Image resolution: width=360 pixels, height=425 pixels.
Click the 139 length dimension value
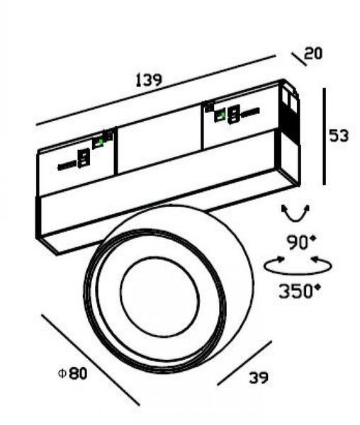coord(149,80)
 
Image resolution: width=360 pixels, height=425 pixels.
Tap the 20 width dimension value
coord(313,53)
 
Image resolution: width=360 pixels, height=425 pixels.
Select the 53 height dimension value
coord(338,135)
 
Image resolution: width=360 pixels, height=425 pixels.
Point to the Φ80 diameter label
coord(73,373)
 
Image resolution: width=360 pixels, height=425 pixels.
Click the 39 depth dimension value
coord(259,378)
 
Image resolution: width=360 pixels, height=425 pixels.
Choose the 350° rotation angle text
coord(300,291)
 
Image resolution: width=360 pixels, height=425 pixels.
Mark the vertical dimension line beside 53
coord(324,136)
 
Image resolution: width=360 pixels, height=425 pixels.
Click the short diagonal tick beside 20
coord(299,59)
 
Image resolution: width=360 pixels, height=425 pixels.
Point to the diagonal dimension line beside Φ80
coord(91,361)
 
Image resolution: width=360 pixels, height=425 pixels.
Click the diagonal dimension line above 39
coord(244,363)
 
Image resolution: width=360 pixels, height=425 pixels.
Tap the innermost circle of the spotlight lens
coord(160,297)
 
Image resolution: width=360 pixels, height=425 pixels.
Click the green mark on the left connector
coord(101,142)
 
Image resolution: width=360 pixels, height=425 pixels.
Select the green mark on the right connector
coord(223,114)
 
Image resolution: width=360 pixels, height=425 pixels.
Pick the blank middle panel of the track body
coord(159,139)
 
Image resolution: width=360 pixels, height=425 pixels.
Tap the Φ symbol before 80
coord(62,374)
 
